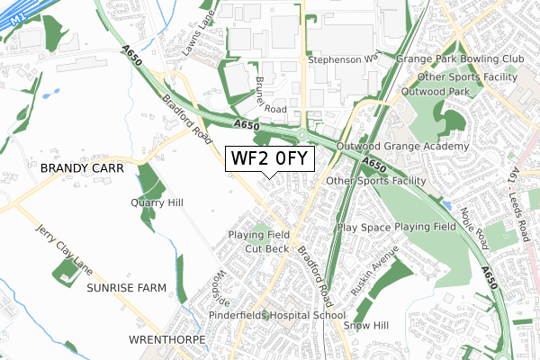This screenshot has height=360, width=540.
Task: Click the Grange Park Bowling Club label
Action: [460, 59]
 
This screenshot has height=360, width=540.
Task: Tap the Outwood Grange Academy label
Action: [402, 146]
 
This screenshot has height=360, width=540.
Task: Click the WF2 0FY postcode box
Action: [270, 159]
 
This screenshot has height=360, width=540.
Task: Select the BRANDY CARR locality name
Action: [79, 167]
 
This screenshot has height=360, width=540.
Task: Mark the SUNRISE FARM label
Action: [127, 289]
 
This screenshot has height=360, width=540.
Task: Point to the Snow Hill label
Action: [368, 325]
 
